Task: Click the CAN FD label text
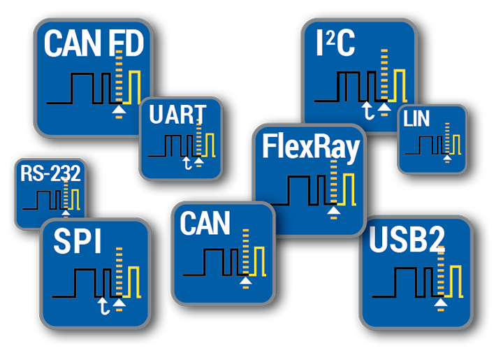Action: pyautogui.click(x=93, y=44)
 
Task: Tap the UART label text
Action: pyautogui.click(x=177, y=115)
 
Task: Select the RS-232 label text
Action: pyautogui.click(x=50, y=173)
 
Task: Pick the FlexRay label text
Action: pyautogui.click(x=310, y=147)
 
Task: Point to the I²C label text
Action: pyautogui.click(x=335, y=43)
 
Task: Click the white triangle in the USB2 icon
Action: pyautogui.click(x=440, y=302)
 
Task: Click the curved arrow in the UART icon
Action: pyautogui.click(x=186, y=163)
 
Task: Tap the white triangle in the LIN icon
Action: pyautogui.click(x=447, y=157)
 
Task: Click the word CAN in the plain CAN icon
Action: pyautogui.click(x=205, y=224)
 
